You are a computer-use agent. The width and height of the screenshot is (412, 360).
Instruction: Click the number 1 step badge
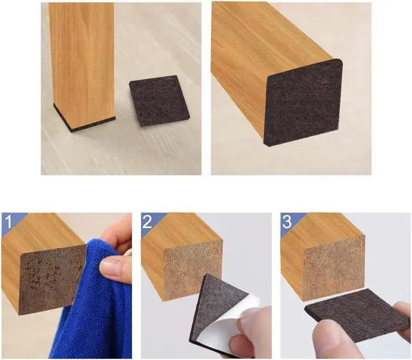coord(9,223)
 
